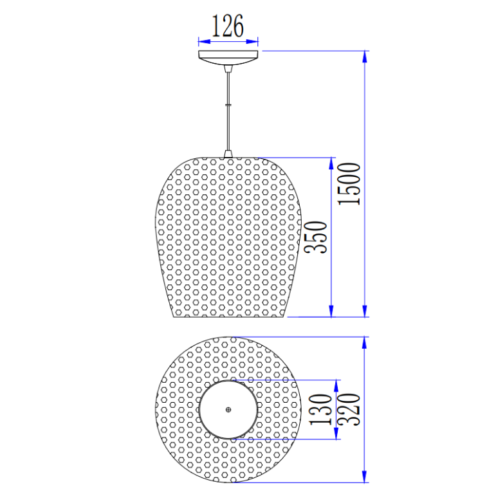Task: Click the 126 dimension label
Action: [x=228, y=26]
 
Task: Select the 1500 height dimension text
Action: [x=351, y=184]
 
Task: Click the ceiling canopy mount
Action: [x=228, y=58]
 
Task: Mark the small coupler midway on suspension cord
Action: [x=228, y=103]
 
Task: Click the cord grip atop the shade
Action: [x=228, y=154]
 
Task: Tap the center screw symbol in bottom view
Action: [x=229, y=409]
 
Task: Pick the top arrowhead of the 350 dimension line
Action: [x=332, y=163]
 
